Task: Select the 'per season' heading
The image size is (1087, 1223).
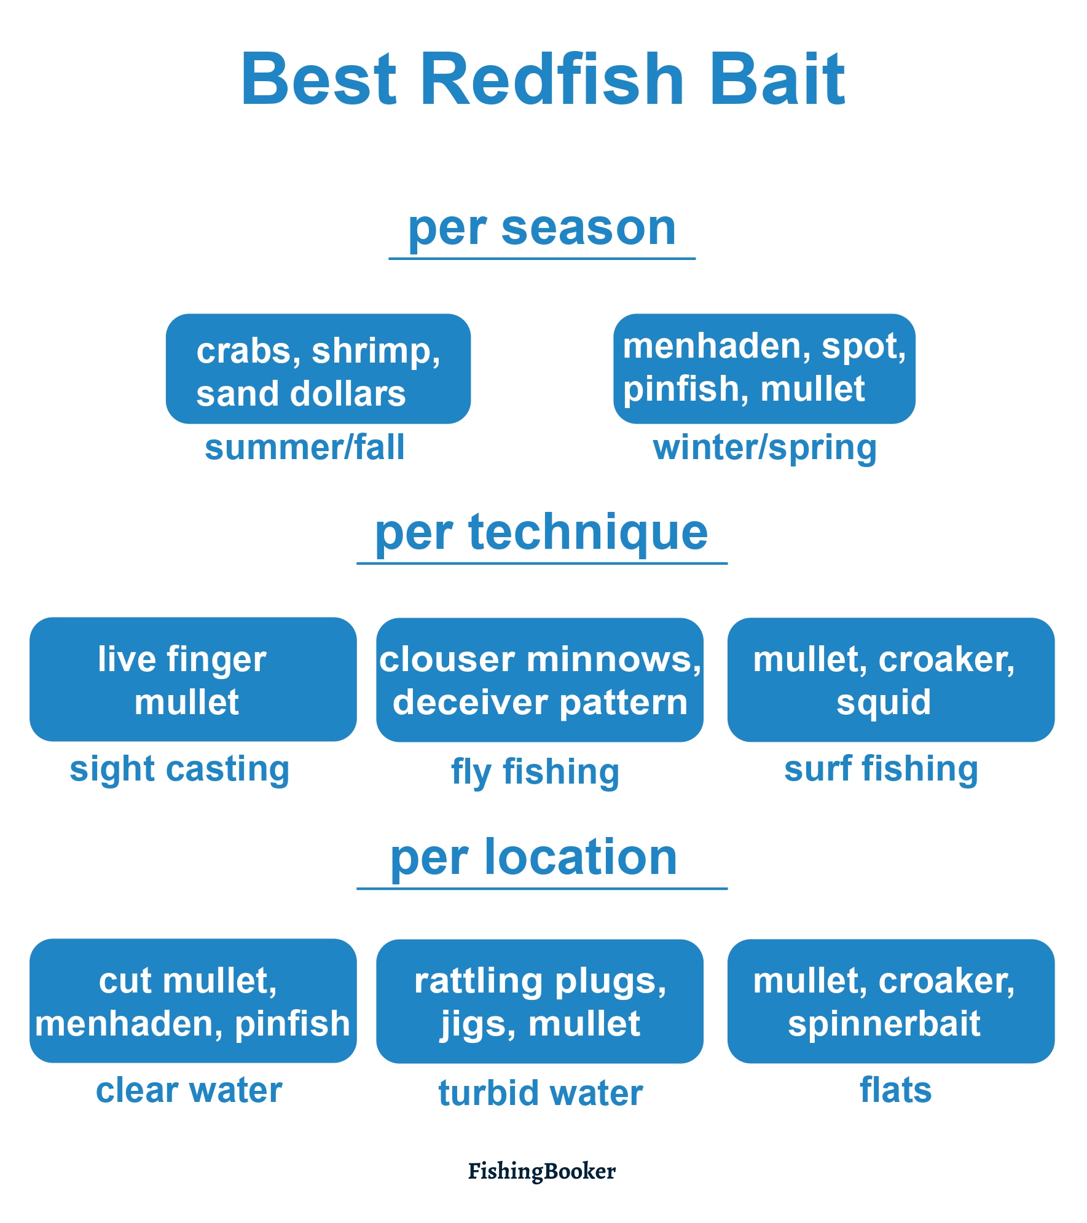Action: click(542, 229)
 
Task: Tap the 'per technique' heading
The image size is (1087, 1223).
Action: click(541, 532)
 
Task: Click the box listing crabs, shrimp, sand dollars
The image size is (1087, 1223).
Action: click(318, 369)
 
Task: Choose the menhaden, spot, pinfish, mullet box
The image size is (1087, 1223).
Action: click(764, 369)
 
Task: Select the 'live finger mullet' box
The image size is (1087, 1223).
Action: click(193, 679)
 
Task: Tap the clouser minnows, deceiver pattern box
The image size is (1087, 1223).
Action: click(540, 680)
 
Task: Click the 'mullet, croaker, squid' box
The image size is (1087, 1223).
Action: click(891, 680)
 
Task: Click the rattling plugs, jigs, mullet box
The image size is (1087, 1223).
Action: click(540, 1001)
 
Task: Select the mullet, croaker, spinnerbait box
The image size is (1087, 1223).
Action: click(891, 1001)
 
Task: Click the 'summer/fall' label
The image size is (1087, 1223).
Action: click(305, 447)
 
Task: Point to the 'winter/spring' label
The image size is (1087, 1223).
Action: click(765, 449)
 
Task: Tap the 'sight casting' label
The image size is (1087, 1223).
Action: click(179, 770)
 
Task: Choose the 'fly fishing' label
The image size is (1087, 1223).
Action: click(535, 773)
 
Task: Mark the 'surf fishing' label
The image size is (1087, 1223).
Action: click(881, 769)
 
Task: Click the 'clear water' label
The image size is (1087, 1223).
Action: click(189, 1090)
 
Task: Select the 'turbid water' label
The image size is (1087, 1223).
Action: click(541, 1093)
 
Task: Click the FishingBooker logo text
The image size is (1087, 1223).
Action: click(542, 1171)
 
